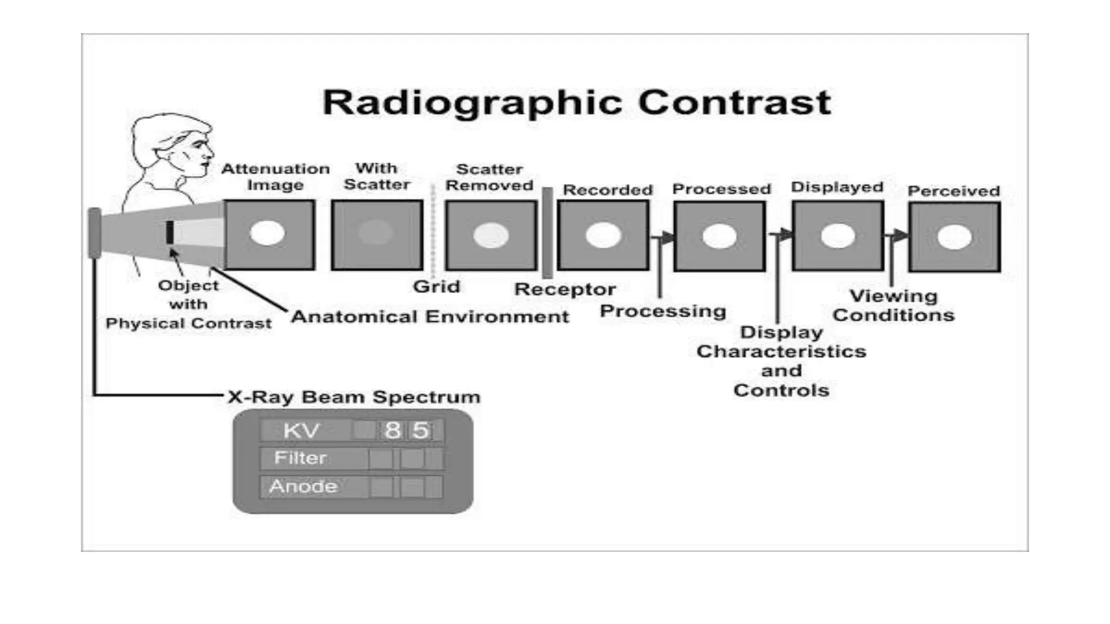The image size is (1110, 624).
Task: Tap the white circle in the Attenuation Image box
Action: click(x=267, y=233)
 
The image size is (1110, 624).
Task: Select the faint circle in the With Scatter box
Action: click(x=376, y=232)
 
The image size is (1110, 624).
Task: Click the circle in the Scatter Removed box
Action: click(x=491, y=236)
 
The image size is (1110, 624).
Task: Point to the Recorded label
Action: click(x=608, y=190)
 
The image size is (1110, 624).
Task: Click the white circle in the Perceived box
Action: click(x=954, y=237)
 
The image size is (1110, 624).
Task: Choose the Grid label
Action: click(x=436, y=287)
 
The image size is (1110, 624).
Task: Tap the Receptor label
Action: click(x=565, y=289)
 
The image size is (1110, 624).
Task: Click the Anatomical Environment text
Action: click(x=430, y=316)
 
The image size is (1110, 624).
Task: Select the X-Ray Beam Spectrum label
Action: click(x=354, y=397)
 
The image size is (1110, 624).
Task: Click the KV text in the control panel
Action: click(x=301, y=431)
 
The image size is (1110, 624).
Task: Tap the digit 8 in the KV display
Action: click(x=392, y=431)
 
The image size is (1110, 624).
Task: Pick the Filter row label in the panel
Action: click(x=300, y=458)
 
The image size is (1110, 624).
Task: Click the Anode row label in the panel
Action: click(x=303, y=486)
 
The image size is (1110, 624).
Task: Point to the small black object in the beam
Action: click(x=170, y=232)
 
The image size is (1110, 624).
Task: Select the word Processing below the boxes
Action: click(x=663, y=311)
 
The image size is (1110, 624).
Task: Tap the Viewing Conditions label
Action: click(x=893, y=305)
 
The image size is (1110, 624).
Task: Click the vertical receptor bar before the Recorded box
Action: click(x=547, y=233)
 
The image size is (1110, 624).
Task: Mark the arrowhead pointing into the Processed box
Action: click(x=668, y=237)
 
